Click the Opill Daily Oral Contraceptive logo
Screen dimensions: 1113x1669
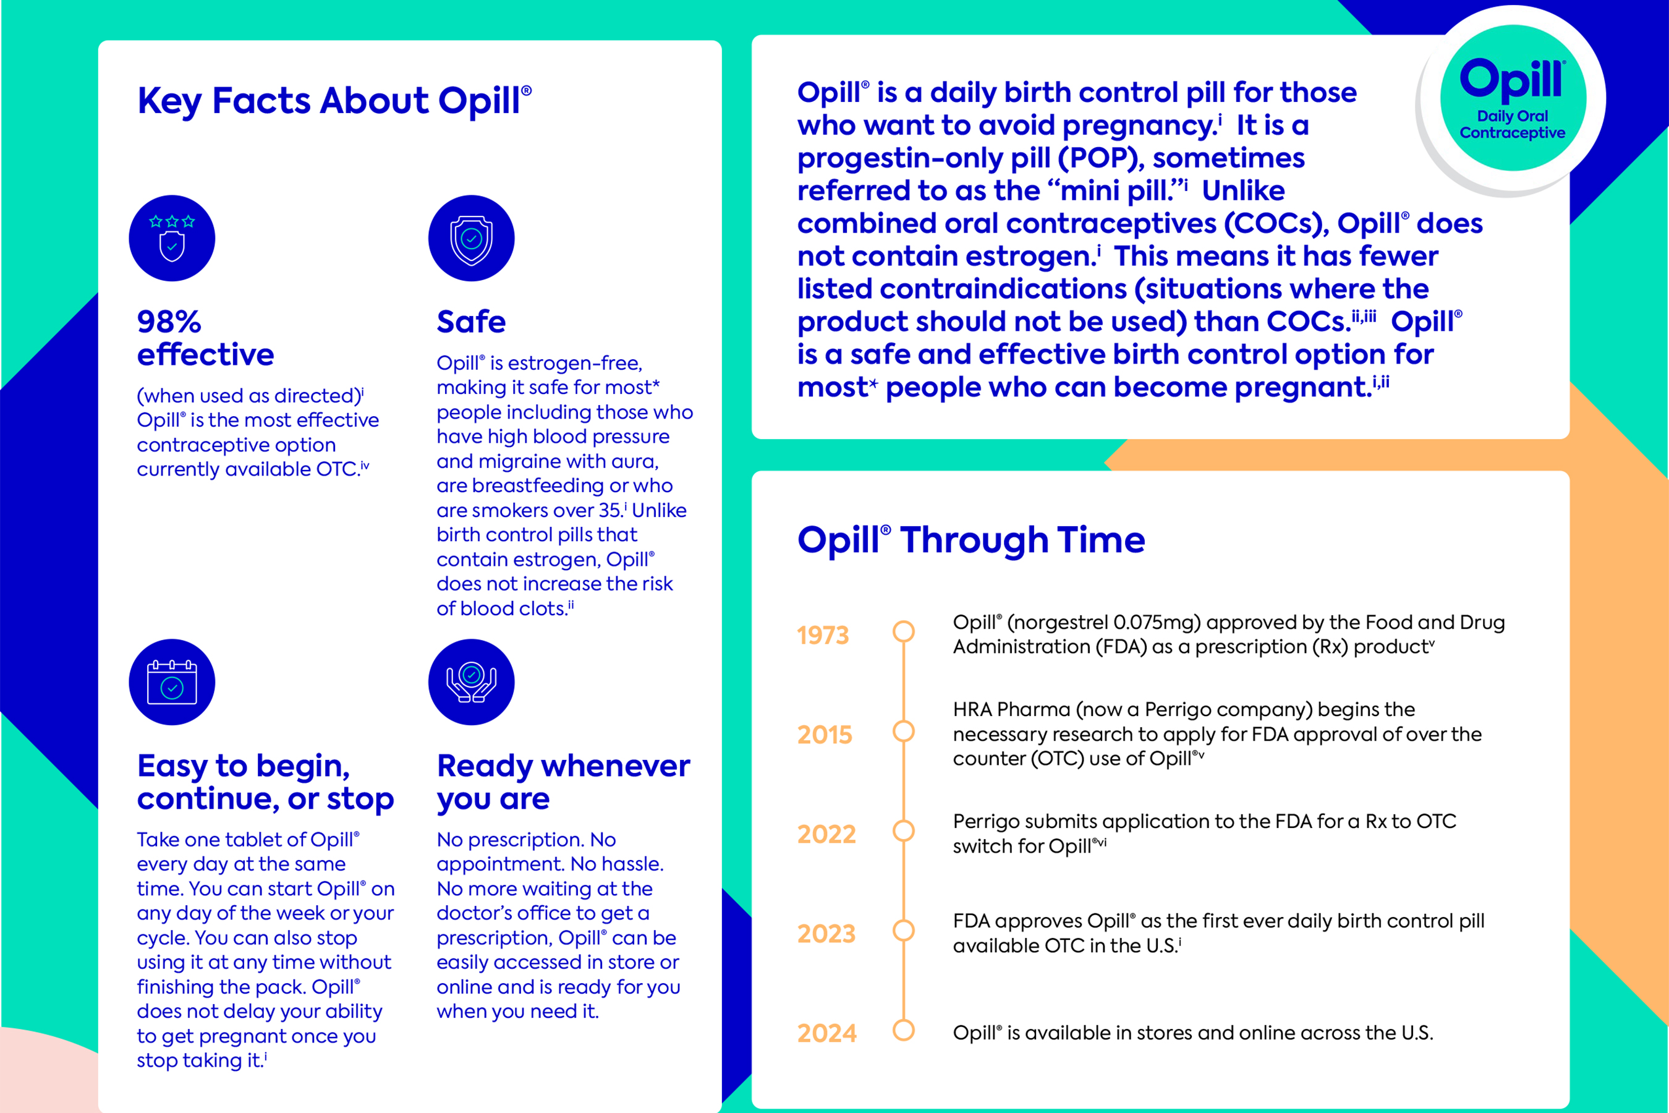[1512, 98]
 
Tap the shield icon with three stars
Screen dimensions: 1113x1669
[172, 239]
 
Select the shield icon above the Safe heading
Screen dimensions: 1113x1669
[471, 239]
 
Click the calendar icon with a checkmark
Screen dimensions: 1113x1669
[172, 682]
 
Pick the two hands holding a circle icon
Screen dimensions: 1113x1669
[471, 682]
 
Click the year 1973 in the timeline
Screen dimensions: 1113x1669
[822, 635]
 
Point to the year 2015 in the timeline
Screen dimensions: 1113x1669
[823, 735]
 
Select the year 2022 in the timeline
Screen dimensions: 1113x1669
[826, 834]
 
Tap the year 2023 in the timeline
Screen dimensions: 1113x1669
[826, 934]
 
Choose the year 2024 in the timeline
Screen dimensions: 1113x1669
[826, 1033]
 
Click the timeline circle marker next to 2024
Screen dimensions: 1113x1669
[903, 1030]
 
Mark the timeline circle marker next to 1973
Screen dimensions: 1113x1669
[903, 631]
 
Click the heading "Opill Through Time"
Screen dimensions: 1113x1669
[970, 540]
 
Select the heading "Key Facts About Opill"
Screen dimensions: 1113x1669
[334, 101]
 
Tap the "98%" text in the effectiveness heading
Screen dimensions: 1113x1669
[169, 322]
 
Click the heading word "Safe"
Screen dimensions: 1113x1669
[470, 322]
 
